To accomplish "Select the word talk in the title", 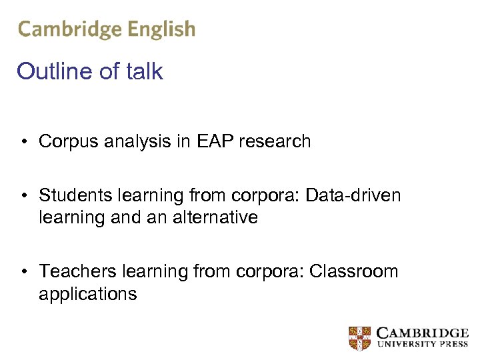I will click(143, 71).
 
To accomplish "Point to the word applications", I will click(87, 293).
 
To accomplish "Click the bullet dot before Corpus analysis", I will click(23, 142).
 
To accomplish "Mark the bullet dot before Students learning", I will click(23, 196).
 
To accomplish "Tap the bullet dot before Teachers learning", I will click(23, 272).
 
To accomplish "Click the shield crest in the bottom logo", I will click(359, 338).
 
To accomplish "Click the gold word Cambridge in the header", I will click(70, 29).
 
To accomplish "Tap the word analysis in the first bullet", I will click(133, 141).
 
